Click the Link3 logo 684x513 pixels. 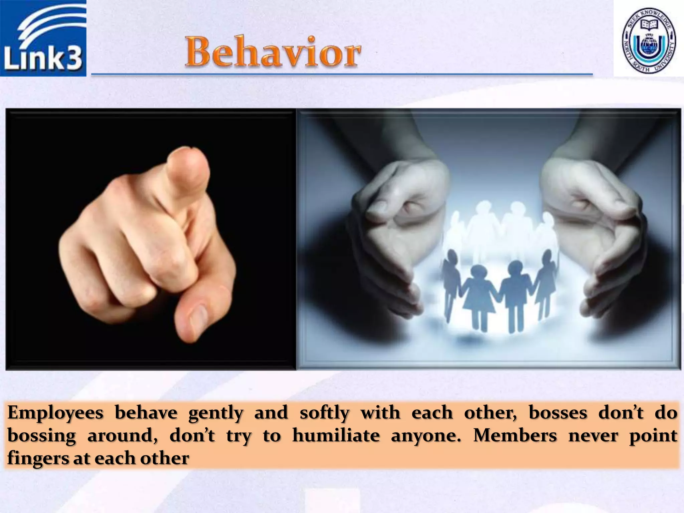[x=43, y=38]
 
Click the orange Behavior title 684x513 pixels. [x=273, y=52]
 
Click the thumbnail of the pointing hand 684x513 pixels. [x=151, y=239]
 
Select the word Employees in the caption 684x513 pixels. [x=55, y=413]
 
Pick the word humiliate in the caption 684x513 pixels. [x=336, y=436]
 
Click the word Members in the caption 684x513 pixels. [x=515, y=436]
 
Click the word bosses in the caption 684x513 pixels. [x=558, y=413]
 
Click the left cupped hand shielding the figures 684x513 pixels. [x=394, y=227]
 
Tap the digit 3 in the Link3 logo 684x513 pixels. [x=73, y=59]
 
